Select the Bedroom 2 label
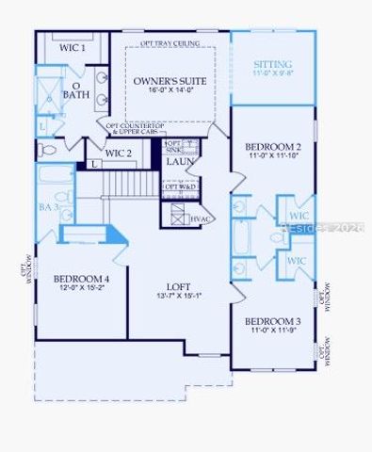pyautogui.click(x=273, y=147)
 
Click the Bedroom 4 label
pyautogui.click(x=81, y=279)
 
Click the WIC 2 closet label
pyautogui.click(x=119, y=153)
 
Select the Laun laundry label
pyautogui.click(x=180, y=161)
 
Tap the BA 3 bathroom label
pyautogui.click(x=49, y=205)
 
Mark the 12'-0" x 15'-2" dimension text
pyautogui.click(x=81, y=289)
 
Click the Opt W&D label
pyautogui.click(x=180, y=186)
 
